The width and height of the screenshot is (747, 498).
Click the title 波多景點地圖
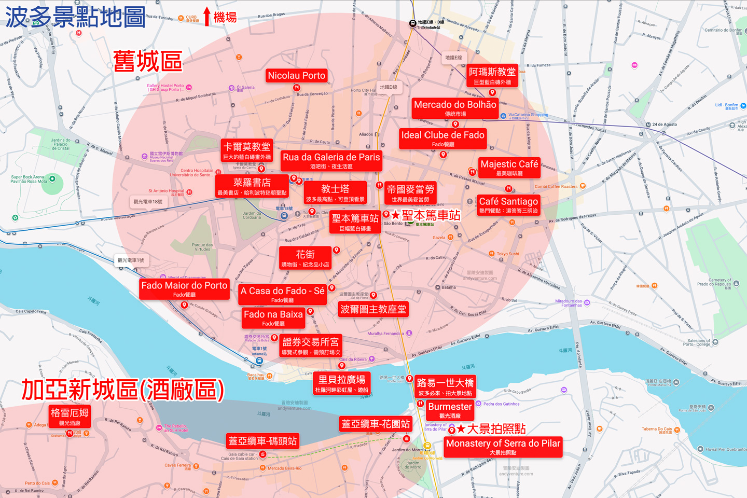tap(75, 17)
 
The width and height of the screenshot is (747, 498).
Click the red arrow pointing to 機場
tap(207, 17)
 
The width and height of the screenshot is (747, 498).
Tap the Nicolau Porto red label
tap(296, 76)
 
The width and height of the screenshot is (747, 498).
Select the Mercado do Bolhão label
tap(455, 108)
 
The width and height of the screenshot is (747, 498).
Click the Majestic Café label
tap(509, 168)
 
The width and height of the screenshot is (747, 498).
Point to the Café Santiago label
tap(508, 205)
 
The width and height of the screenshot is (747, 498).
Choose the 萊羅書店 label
tap(252, 186)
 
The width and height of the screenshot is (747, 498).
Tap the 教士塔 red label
tap(335, 192)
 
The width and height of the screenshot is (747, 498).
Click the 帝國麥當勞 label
tap(410, 193)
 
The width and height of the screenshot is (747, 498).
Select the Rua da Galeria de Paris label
tap(331, 160)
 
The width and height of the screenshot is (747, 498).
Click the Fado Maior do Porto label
tap(184, 289)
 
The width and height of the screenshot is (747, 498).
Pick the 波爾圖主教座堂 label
tap(373, 310)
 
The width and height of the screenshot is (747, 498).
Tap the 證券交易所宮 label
tap(310, 345)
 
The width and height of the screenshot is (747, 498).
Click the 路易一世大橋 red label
tap(445, 386)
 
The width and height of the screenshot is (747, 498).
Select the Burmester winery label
tap(450, 410)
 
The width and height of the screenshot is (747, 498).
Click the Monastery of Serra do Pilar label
tap(503, 447)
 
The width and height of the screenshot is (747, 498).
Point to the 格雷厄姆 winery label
tap(70, 417)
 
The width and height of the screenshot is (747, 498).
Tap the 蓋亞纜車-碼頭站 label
tap(262, 441)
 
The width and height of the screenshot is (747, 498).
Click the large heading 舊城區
tap(148, 62)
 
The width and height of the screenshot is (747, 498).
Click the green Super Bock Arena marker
tap(52, 179)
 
